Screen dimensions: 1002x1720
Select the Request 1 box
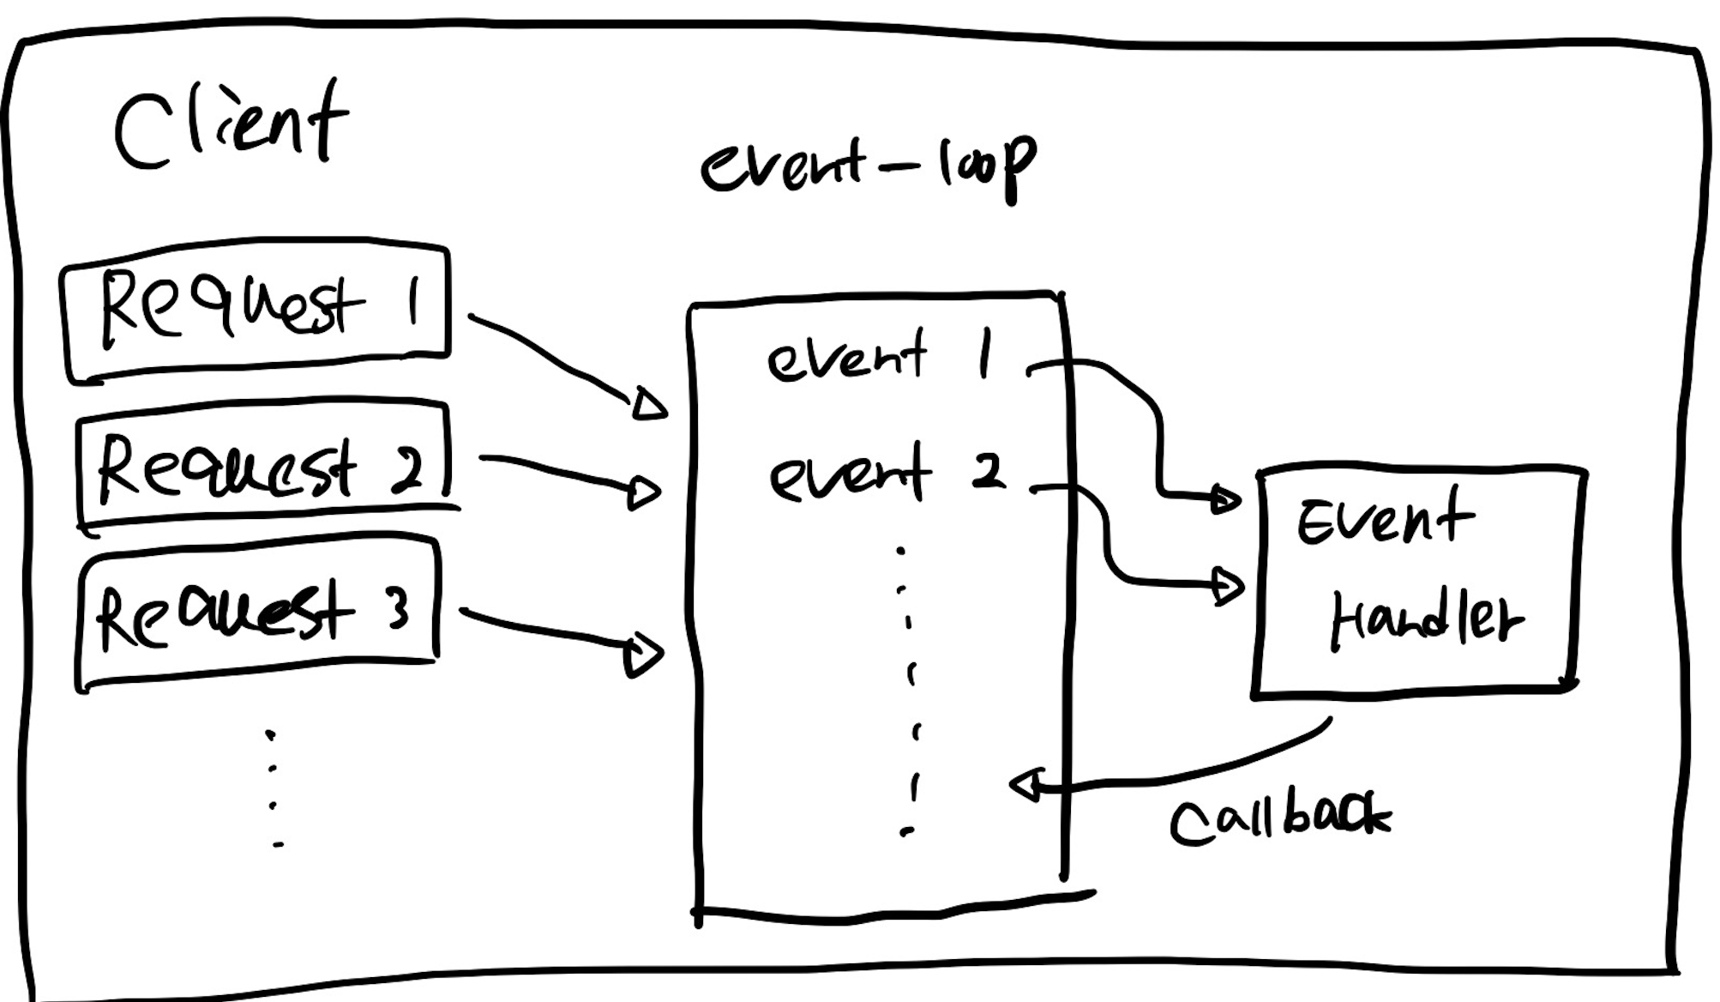click(x=256, y=311)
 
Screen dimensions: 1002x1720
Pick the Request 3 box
click(x=257, y=613)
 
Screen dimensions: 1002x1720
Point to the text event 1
click(x=879, y=356)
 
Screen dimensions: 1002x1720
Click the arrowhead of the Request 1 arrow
click(x=649, y=404)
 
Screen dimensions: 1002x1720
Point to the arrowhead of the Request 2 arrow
click(x=644, y=493)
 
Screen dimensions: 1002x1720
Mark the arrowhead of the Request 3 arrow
click(x=643, y=655)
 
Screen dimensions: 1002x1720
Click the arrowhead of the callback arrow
click(x=1026, y=784)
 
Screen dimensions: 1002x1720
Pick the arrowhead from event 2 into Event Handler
click(x=1229, y=587)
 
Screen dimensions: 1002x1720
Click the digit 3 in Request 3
click(x=396, y=611)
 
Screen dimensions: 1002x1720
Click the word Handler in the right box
click(x=1425, y=619)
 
